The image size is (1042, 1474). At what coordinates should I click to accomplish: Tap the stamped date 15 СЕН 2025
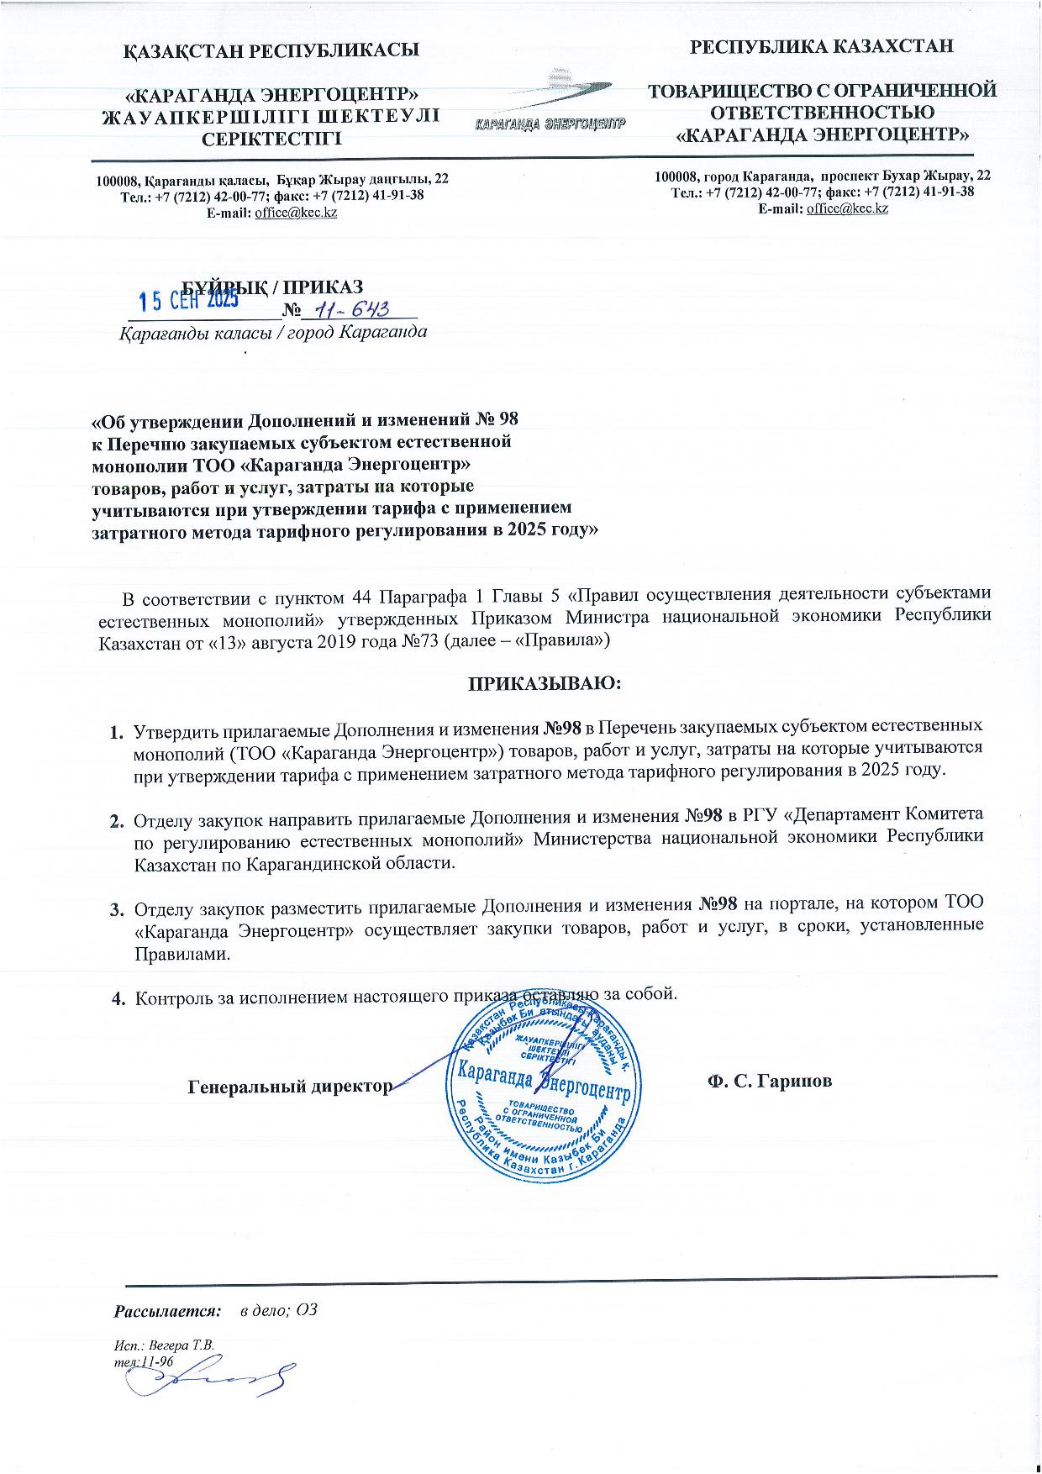189,299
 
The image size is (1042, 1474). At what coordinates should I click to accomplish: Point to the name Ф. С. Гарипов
769,1081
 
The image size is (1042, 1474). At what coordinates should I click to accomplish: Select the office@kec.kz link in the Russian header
846,208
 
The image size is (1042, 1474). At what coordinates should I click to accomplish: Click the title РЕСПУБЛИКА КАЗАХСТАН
821,46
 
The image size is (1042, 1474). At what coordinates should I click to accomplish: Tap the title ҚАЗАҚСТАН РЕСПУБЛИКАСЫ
272,50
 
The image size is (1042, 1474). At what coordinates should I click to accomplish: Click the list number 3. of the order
118,908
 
